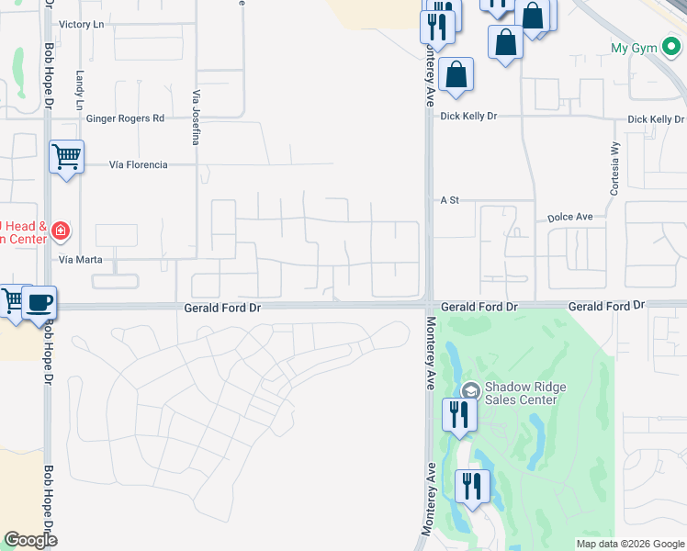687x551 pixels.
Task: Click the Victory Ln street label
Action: point(81,24)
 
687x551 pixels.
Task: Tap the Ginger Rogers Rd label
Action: point(125,118)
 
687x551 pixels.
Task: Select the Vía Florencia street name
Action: point(138,164)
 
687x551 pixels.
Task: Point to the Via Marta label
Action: point(79,260)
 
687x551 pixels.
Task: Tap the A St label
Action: point(449,199)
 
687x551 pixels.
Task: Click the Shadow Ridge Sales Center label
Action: point(521,393)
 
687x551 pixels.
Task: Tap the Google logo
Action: point(29,540)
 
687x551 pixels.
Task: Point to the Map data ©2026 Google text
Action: point(628,544)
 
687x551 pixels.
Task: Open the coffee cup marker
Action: point(39,302)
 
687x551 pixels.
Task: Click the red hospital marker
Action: point(60,231)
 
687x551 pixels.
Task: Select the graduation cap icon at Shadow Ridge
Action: point(471,391)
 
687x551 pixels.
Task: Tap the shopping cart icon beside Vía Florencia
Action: point(66,157)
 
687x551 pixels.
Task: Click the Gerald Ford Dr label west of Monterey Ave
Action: point(223,309)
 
